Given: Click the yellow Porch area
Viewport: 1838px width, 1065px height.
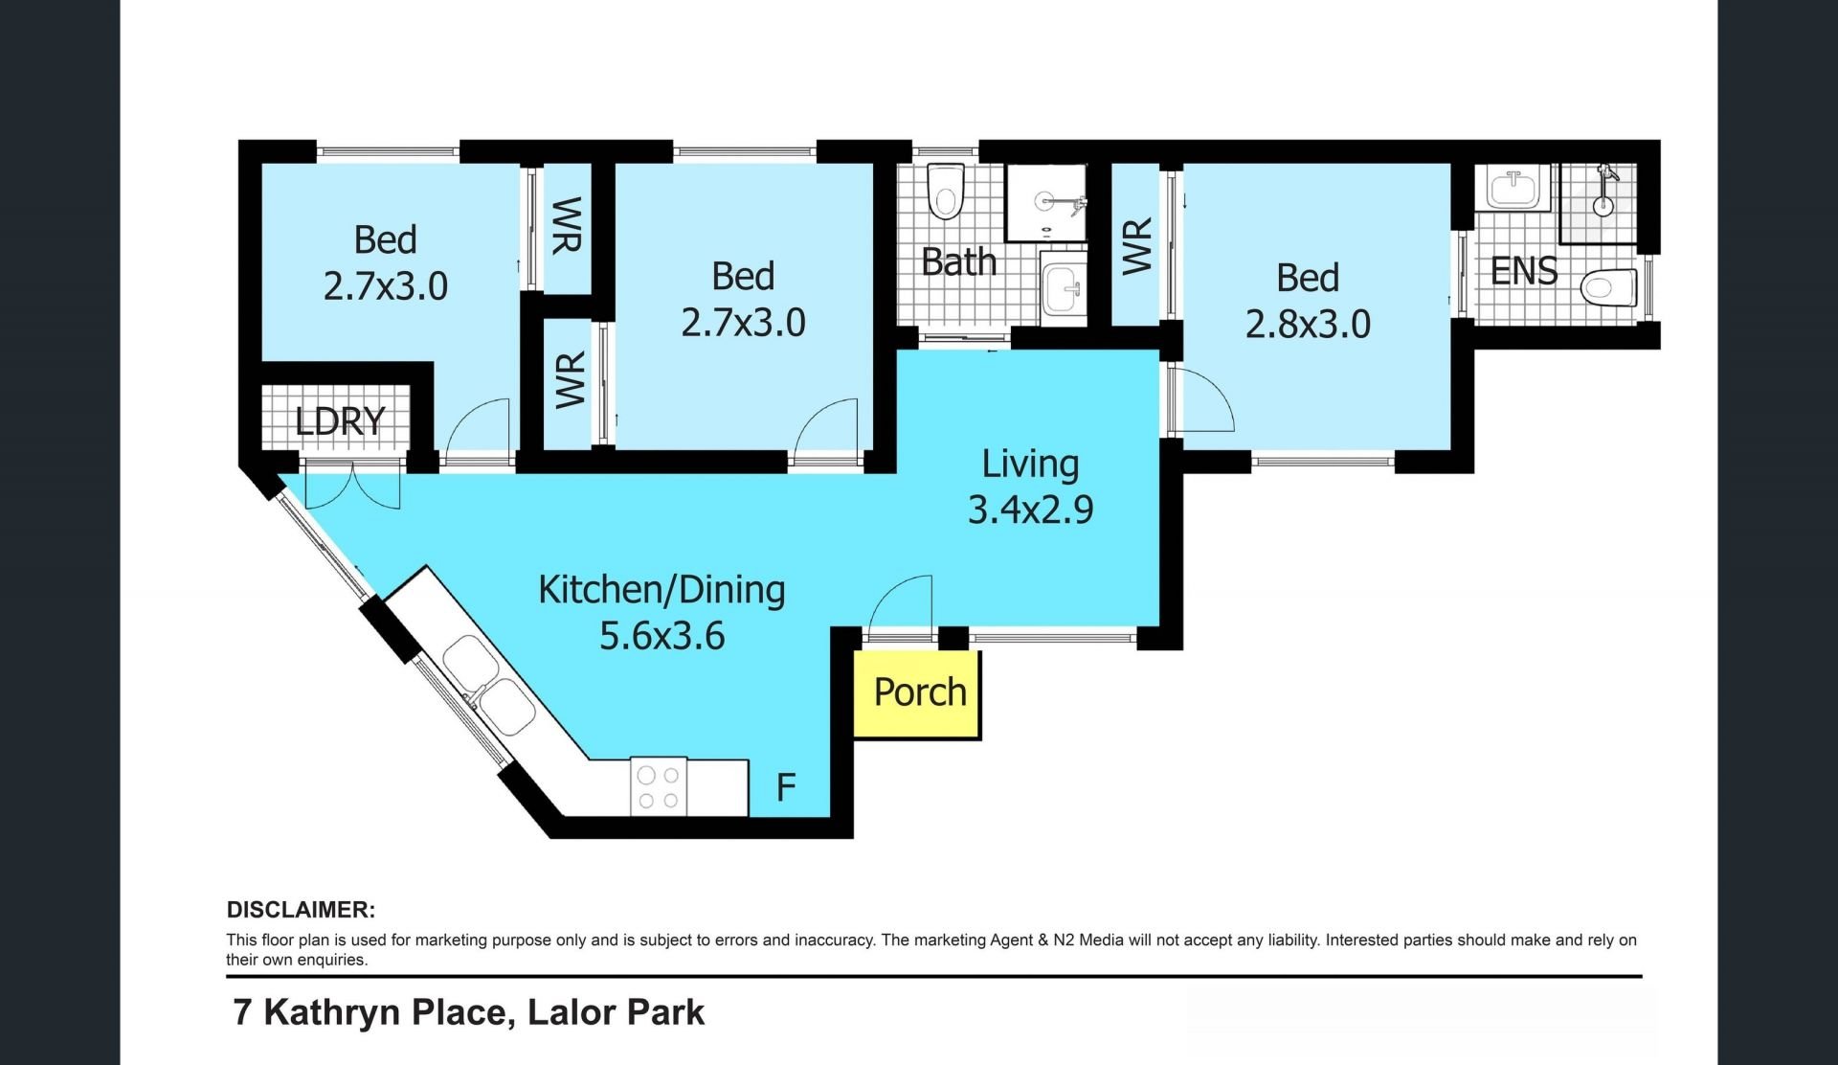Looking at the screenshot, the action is (917, 694).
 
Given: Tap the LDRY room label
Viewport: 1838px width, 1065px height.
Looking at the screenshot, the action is (340, 421).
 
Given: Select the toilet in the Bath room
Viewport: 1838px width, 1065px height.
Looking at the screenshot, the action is (946, 192).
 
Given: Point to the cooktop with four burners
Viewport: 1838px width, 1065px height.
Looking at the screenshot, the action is (659, 787).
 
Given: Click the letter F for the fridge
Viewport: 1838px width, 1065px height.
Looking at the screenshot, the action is (786, 787).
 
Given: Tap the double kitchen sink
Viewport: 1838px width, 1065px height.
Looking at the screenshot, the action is (489, 685).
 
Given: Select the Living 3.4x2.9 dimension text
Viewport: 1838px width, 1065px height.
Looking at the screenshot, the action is (1031, 510).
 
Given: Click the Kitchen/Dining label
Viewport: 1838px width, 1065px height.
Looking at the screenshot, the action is (661, 589).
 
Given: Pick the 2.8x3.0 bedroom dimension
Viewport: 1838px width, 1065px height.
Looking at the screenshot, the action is (1308, 325).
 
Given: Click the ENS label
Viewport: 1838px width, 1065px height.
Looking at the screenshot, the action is (1524, 272).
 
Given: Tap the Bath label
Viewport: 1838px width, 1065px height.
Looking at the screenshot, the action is (958, 261).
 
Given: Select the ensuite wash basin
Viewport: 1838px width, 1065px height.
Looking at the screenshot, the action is (1513, 188).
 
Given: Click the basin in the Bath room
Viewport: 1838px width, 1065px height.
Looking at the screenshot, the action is (1063, 287).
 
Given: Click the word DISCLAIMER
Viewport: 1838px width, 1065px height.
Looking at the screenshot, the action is (301, 910).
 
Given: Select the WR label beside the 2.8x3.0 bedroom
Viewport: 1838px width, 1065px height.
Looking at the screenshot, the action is (1136, 246).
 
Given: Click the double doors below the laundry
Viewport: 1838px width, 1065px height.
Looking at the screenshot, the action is (352, 485).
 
